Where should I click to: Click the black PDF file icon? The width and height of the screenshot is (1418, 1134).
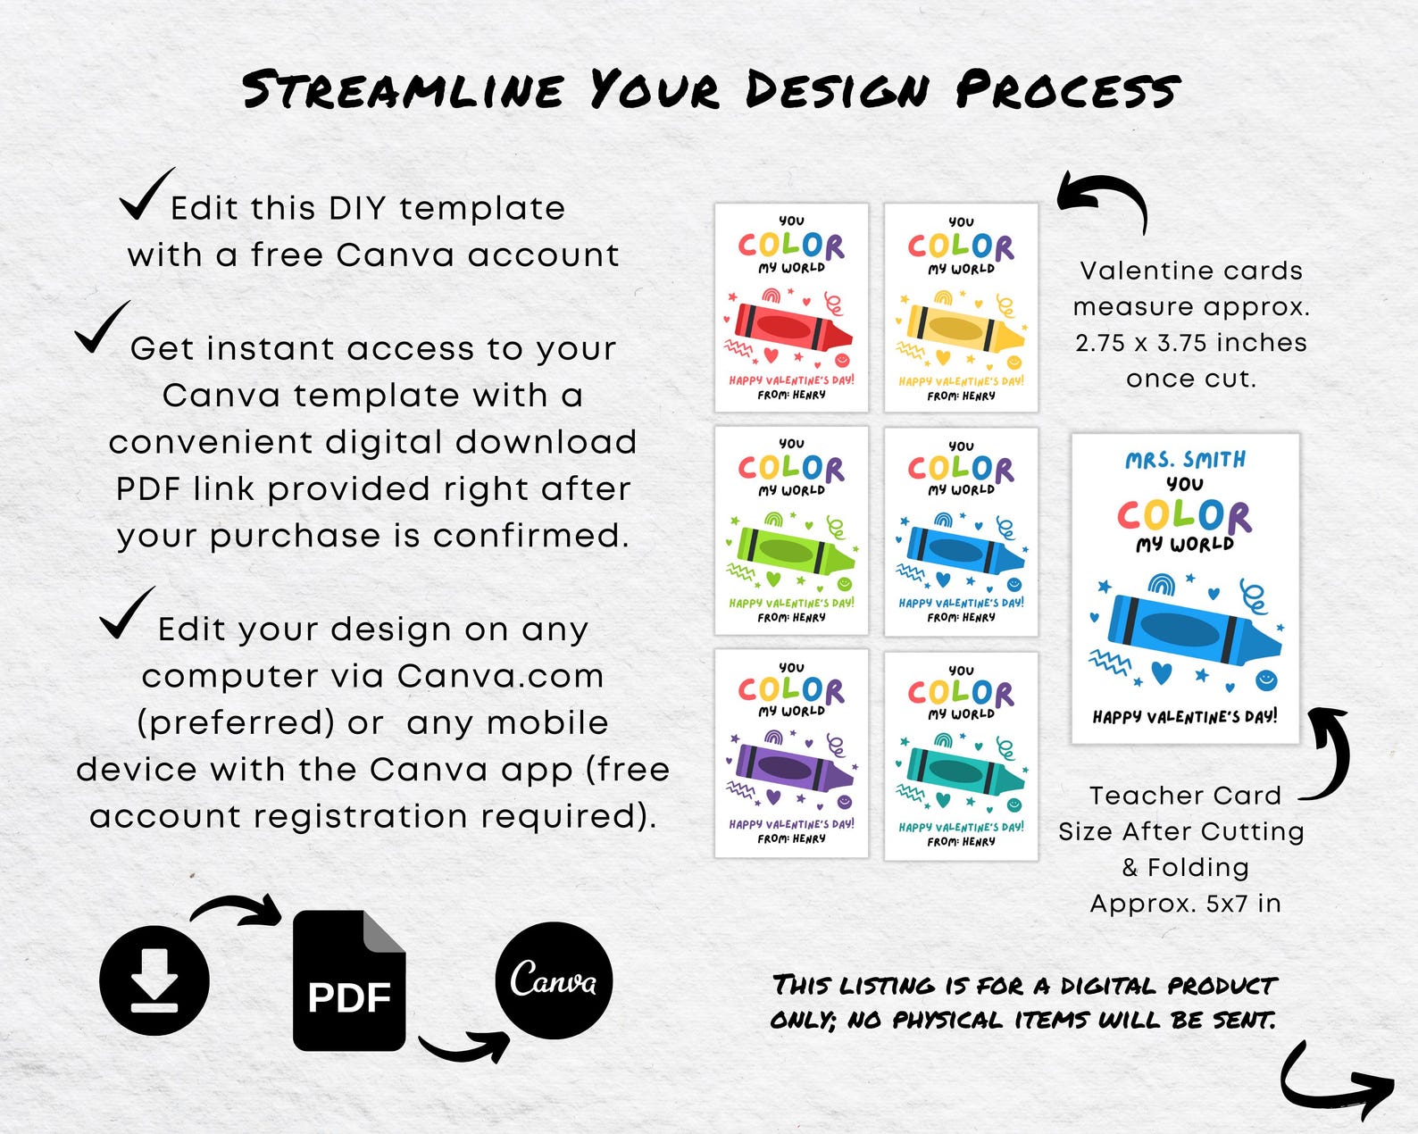[349, 980]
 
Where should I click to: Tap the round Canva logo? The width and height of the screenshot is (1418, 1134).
[554, 980]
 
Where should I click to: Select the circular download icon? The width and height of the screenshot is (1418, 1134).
[154, 980]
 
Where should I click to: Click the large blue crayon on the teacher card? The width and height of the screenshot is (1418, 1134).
[1188, 630]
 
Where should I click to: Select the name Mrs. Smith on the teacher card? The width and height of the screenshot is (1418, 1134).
[1185, 460]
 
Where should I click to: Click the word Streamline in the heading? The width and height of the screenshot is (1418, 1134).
[403, 90]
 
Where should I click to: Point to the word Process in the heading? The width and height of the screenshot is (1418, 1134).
[1067, 90]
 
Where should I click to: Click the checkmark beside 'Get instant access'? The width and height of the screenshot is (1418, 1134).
[101, 328]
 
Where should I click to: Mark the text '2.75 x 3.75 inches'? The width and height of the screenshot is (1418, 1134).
[1190, 343]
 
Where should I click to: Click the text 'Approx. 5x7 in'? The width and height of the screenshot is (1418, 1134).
[1185, 904]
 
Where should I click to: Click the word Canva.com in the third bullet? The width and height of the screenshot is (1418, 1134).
[500, 676]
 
